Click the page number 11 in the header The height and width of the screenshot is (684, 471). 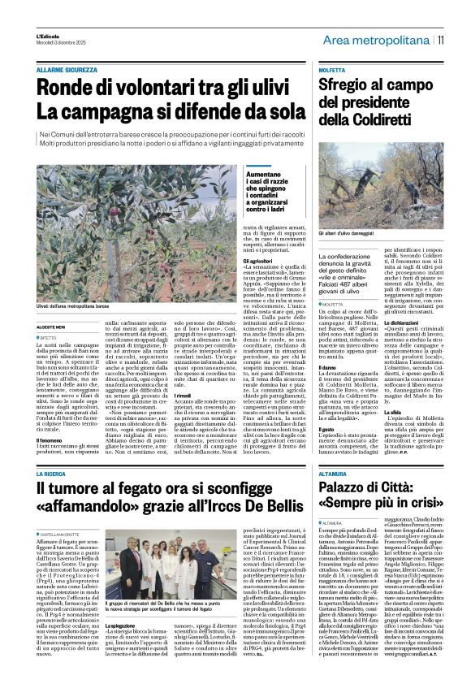[441, 40]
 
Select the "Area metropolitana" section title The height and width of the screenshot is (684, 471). [376, 40]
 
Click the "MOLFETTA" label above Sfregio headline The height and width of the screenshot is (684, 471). [334, 71]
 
